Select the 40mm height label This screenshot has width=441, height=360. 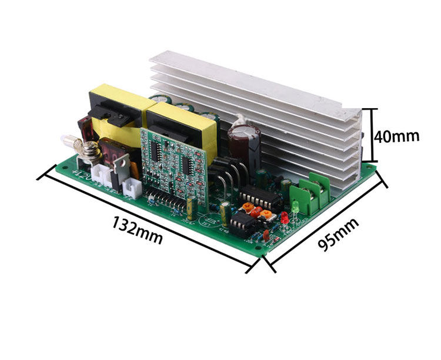coord(397,136)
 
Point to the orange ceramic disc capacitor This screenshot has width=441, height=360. coord(249,208)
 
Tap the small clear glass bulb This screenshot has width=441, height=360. coord(66,141)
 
